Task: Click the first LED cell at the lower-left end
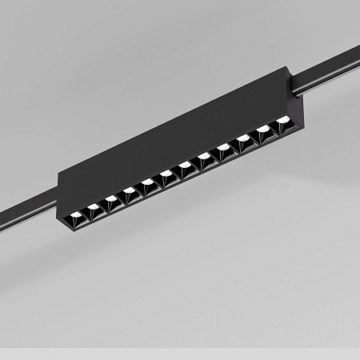click(76, 214)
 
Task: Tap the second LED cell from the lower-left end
click(94, 208)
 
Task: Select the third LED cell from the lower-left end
click(111, 201)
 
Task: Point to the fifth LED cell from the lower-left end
click(148, 186)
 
